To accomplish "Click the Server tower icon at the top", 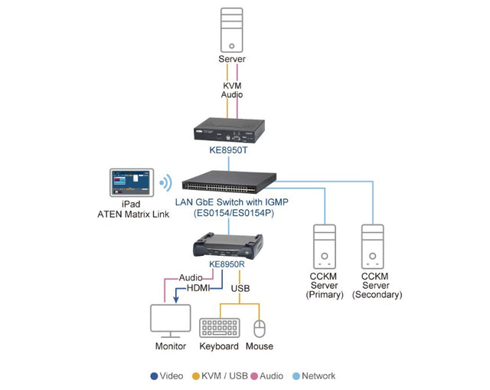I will pos(232,29).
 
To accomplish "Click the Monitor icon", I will pos(171,321).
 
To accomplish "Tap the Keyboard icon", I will pos(219,328).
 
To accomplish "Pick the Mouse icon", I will pos(260,328).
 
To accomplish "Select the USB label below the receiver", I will pos(240,288).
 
